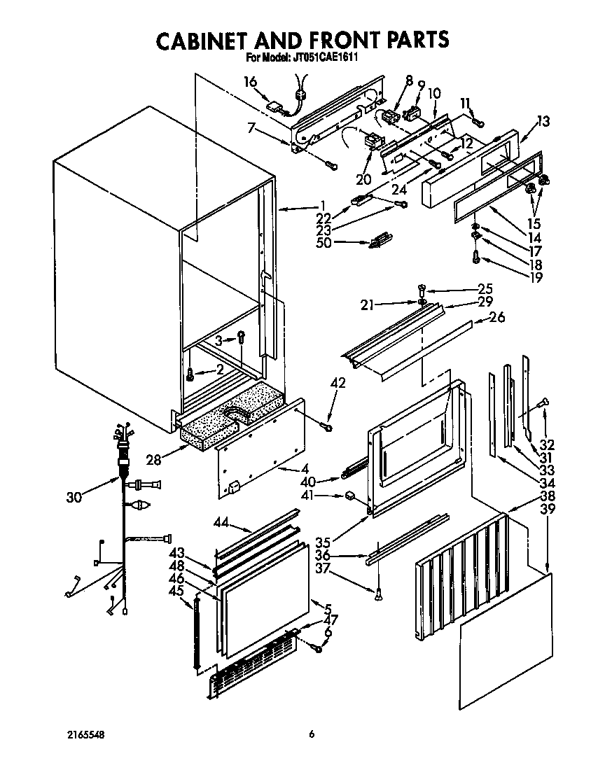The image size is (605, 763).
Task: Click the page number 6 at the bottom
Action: (312, 734)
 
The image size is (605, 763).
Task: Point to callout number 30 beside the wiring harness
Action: (74, 497)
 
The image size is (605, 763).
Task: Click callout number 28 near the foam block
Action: (154, 459)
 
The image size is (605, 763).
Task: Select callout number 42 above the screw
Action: (338, 383)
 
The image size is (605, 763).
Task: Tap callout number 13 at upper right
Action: (543, 122)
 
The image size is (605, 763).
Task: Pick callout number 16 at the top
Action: (251, 82)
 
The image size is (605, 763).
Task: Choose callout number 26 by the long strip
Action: (496, 317)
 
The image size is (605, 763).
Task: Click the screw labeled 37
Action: (378, 595)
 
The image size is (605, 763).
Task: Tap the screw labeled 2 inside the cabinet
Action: (190, 376)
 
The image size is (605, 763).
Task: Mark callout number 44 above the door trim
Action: (221, 524)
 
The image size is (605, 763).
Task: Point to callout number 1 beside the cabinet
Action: (322, 205)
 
